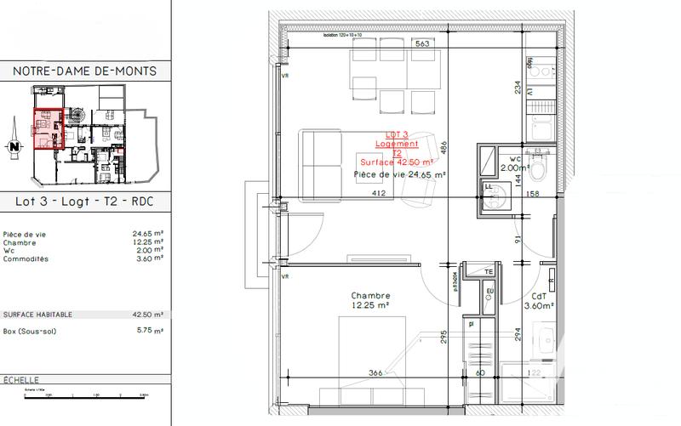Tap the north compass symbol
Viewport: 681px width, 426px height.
pyautogui.click(x=14, y=147)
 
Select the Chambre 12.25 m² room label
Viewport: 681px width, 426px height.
pyautogui.click(x=370, y=301)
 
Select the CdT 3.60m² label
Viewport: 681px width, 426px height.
pyautogui.click(x=539, y=301)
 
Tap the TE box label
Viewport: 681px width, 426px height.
pyautogui.click(x=489, y=271)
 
